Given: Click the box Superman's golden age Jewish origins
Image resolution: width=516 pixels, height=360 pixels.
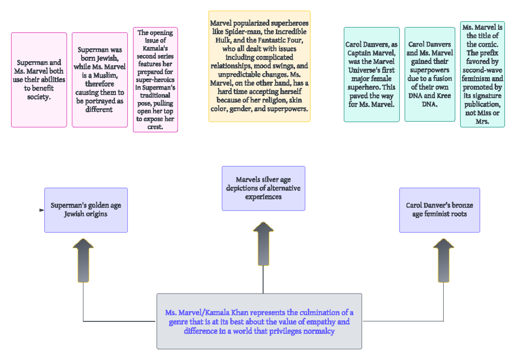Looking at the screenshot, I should [x=86, y=210].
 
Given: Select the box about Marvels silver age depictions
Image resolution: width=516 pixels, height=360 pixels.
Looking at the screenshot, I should [x=263, y=188].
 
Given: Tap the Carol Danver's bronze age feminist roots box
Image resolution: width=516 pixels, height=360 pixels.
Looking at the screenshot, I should [x=439, y=210].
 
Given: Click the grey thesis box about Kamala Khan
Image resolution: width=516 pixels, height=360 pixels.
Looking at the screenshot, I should [x=259, y=321].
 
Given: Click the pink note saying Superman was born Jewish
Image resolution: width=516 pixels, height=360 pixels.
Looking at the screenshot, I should [x=100, y=80].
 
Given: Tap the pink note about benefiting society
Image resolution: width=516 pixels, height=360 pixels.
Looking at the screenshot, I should [x=39, y=80].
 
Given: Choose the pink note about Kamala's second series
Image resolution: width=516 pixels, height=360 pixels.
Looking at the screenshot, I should [x=155, y=80].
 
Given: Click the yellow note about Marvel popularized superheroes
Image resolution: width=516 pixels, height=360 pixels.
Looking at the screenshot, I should [x=259, y=66].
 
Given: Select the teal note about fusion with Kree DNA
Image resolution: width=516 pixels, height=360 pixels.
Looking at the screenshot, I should [x=430, y=74].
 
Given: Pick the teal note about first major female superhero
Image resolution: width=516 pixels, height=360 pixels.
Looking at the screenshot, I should [x=372, y=74].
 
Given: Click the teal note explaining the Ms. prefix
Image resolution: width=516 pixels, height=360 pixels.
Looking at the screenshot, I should [x=482, y=74].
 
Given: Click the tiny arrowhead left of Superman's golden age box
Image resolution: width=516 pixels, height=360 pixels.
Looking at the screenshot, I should [x=41, y=210].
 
